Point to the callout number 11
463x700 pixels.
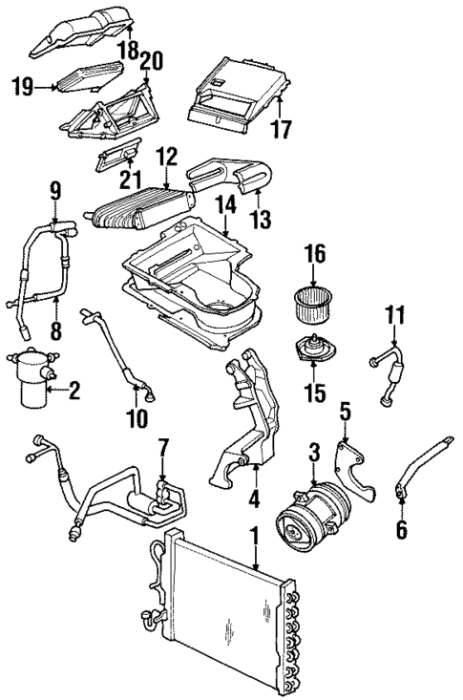(396, 313)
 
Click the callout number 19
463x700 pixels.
(23, 88)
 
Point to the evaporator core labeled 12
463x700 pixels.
(138, 208)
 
